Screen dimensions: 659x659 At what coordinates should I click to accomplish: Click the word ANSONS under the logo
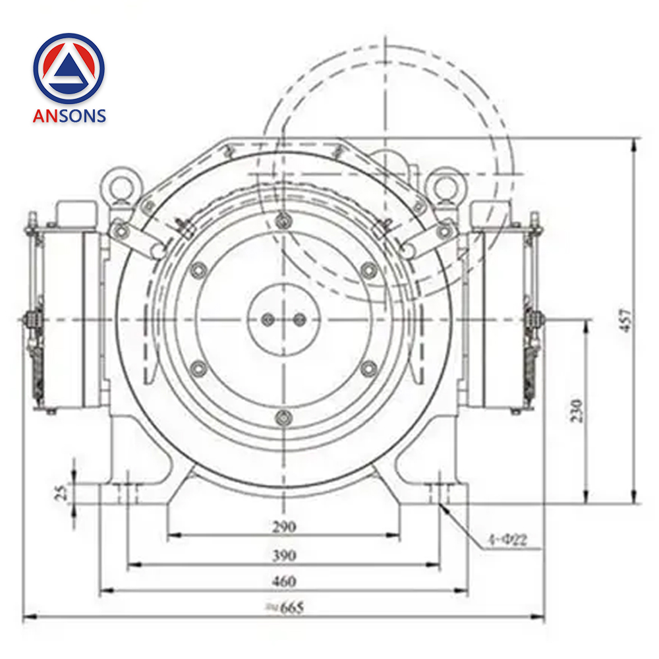[69, 116]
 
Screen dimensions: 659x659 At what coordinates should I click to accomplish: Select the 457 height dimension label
[626, 320]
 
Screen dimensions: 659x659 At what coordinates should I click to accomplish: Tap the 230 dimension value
[577, 410]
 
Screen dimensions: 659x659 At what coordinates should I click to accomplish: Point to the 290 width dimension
[284, 527]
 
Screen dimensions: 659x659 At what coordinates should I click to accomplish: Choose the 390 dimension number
[284, 555]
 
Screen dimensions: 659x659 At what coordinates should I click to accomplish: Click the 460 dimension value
[284, 582]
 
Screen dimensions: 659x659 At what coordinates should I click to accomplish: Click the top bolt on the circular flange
[283, 220]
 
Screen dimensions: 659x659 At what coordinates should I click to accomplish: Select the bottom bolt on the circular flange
[283, 416]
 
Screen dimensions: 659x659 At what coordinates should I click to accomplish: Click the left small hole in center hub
[267, 320]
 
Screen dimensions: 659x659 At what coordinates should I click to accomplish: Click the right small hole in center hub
[299, 320]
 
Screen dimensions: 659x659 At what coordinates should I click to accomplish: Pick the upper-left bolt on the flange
[196, 270]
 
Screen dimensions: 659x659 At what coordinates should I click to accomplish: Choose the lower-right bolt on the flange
[368, 369]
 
